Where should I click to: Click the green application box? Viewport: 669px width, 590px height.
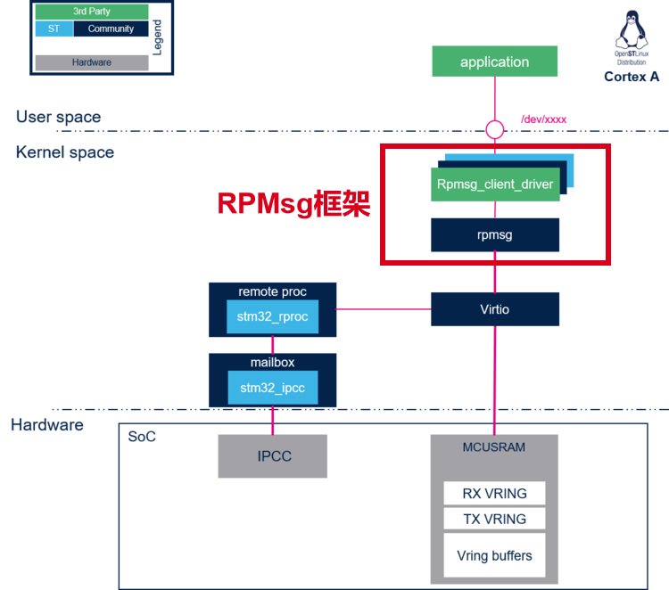coord(494,61)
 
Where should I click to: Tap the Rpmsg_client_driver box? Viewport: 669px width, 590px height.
coord(495,184)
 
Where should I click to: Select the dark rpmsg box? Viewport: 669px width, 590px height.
coord(495,235)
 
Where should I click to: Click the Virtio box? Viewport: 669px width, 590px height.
coord(495,309)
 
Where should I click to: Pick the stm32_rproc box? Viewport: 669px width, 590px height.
coord(272,316)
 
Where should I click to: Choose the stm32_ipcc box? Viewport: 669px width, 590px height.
coord(272,387)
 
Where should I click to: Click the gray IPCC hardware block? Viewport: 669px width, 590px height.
coord(272,455)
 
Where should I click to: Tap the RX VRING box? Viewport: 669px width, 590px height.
coord(494,493)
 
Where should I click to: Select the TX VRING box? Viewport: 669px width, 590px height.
coord(494,519)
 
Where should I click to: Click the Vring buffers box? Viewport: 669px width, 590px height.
coord(494,555)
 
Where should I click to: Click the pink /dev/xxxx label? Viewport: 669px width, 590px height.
coord(543,119)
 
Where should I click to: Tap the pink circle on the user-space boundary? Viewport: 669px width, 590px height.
coord(494,130)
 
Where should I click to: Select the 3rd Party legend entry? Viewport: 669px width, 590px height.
coord(92,12)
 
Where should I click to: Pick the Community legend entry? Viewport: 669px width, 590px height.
coord(111,29)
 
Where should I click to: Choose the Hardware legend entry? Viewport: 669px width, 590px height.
coord(92,62)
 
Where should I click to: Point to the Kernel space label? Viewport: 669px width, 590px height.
coord(65,152)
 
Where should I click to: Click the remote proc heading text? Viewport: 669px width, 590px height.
coord(272,291)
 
